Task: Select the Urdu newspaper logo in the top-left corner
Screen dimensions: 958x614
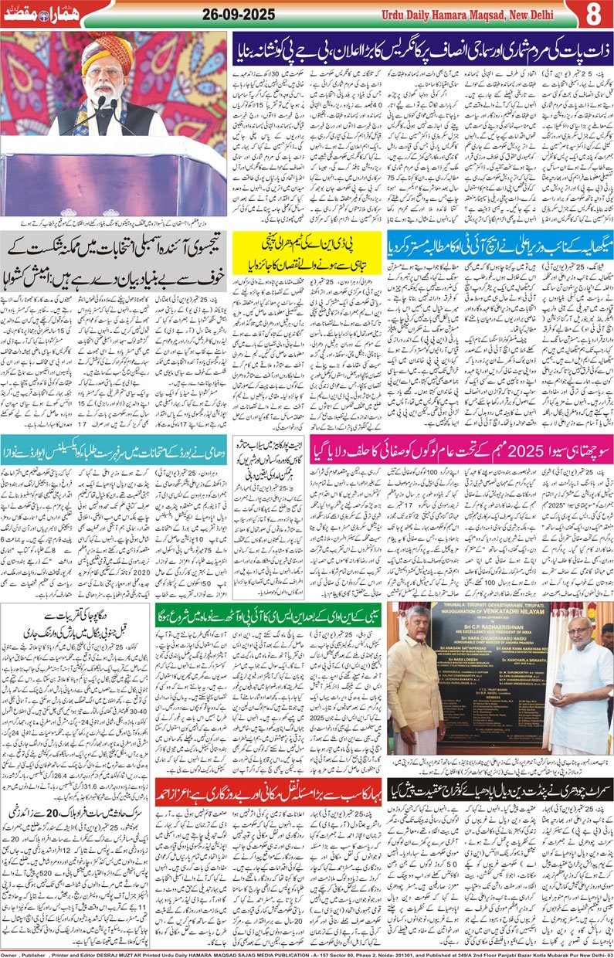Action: click(31, 14)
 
